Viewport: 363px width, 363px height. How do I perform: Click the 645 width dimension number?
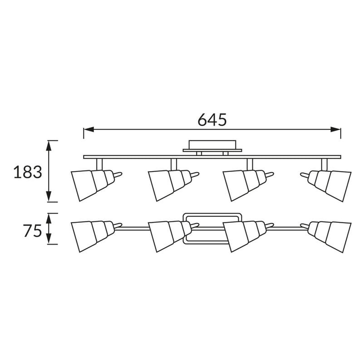click(212, 120)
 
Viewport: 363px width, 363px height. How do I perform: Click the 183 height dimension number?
click(28, 172)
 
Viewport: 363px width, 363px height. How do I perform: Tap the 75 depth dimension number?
click(32, 231)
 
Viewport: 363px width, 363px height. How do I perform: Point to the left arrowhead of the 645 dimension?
click(88, 129)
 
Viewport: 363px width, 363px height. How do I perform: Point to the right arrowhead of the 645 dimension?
click(335, 129)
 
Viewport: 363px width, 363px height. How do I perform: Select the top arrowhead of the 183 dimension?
click(49, 146)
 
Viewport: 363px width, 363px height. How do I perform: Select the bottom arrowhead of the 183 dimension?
click(49, 196)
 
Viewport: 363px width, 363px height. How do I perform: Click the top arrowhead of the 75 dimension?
click(49, 218)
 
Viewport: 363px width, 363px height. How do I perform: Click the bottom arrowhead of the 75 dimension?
click(49, 239)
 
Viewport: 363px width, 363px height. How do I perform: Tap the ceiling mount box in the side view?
click(212, 146)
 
